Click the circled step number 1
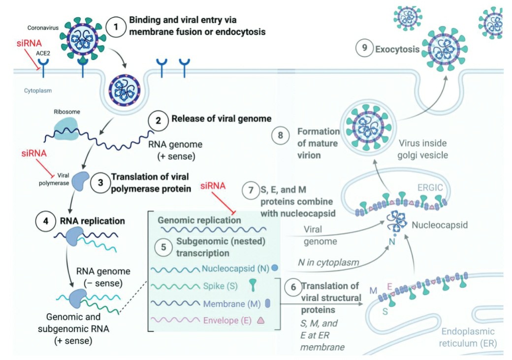pos(116,26)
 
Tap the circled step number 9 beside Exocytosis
pos(364,49)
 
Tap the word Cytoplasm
pos(38,91)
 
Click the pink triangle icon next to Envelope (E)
pos(261,320)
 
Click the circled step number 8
pos(281,136)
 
